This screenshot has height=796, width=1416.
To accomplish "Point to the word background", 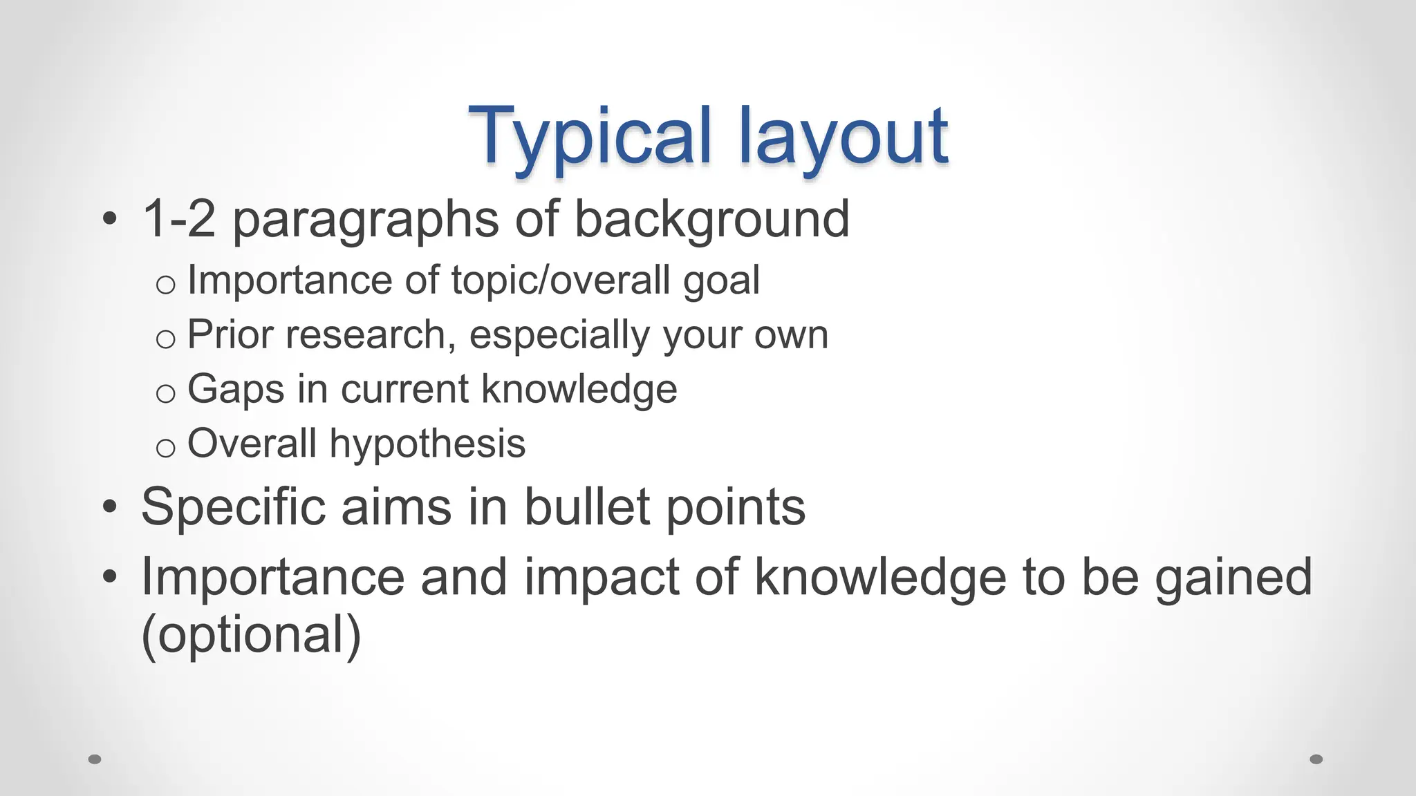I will coord(711,220).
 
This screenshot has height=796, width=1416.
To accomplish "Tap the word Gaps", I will coord(236,390).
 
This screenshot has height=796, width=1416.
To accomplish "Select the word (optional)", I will coord(251,635).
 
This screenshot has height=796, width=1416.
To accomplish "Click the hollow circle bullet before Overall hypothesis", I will coord(165,448).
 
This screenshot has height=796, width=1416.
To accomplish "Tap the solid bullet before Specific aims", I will coord(109,506).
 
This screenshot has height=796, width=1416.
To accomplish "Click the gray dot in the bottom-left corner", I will coord(95,759).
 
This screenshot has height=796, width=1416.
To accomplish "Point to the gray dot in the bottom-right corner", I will coord(1316,759).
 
